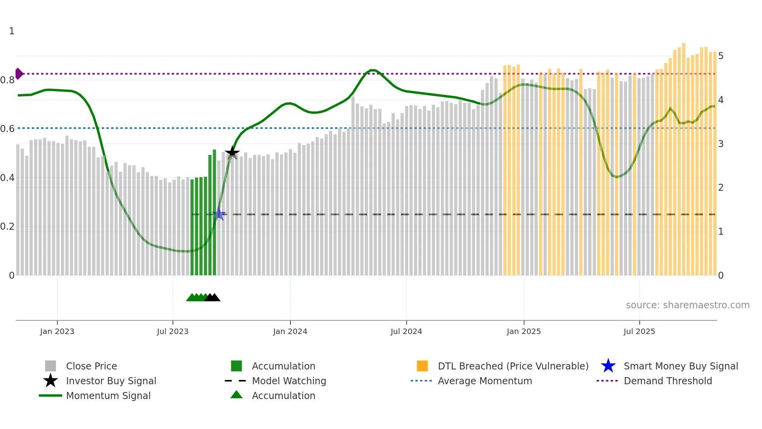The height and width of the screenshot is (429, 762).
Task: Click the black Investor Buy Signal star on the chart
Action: pos(232,153)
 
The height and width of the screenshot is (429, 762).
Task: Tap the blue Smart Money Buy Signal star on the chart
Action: pos(219,214)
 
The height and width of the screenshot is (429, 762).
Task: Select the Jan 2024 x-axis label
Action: pos(290,331)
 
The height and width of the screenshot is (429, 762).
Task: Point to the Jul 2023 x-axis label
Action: pos(173,331)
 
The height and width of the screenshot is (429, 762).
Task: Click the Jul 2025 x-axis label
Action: pos(639,331)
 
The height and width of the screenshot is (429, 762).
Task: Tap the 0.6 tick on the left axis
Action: pos(8,128)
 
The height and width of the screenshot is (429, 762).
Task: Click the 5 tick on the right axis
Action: pos(721,56)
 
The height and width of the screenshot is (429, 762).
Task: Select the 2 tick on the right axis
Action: pos(721,188)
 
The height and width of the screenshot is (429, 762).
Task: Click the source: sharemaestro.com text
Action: pos(687,305)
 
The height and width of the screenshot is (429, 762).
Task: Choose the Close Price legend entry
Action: pos(91,366)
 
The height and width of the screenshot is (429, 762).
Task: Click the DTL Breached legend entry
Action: pos(513,366)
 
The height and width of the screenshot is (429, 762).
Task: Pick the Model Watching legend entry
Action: pos(289,381)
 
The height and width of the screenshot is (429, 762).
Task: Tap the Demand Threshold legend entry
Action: pos(668,381)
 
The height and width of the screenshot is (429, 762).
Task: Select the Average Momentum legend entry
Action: pos(485,381)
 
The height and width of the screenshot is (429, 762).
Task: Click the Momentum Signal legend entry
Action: pos(108,396)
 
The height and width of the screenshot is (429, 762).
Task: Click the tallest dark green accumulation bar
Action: pos(214,212)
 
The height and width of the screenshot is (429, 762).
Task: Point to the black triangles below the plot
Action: pos(212,298)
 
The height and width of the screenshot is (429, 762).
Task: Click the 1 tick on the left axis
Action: pos(12,31)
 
